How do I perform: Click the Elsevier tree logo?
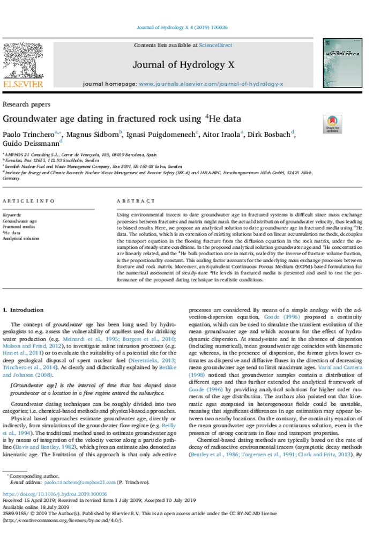click(23, 60)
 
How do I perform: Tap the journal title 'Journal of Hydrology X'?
click(183, 65)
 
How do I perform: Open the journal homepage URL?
click(211, 84)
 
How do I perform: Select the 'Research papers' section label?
click(27, 105)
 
